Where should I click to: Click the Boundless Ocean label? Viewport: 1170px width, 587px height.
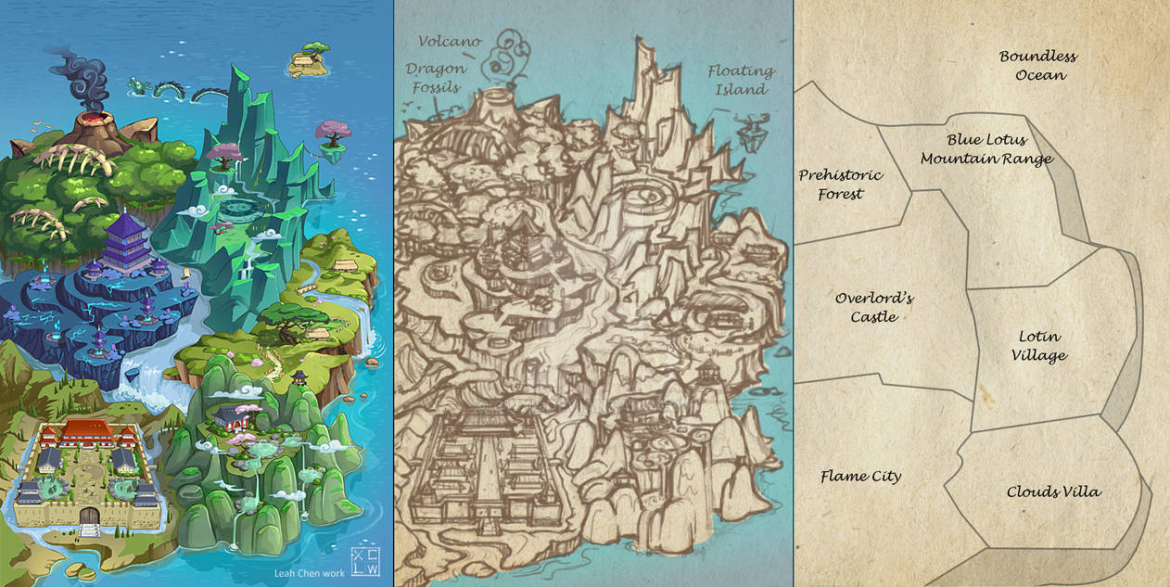1037,66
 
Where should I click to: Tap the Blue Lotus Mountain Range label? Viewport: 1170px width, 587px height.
986,149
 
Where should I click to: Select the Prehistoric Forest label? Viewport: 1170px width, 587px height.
840,185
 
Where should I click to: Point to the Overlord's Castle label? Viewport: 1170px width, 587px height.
873,308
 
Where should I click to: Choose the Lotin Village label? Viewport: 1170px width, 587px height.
1040,346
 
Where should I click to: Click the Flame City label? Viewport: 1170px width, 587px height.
860,477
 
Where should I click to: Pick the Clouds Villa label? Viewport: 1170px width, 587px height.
1054,491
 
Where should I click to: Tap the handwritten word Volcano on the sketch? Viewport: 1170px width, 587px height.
449,42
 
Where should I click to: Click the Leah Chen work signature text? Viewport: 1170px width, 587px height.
311,572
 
